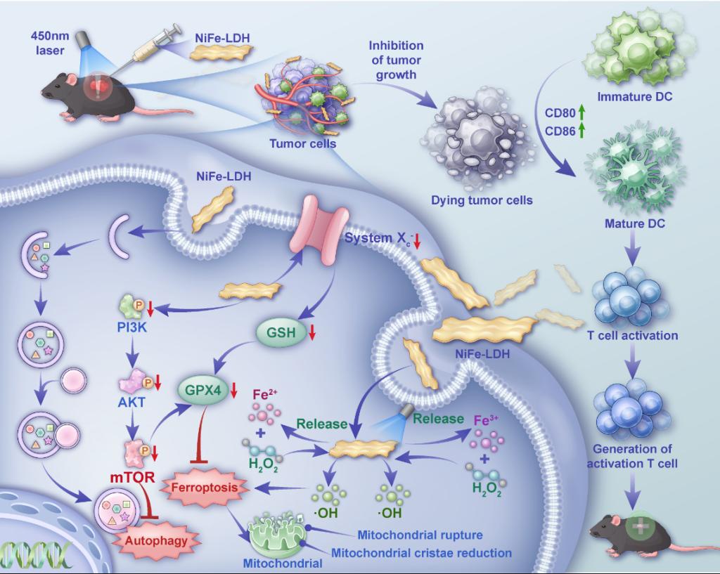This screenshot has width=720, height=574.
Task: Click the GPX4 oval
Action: (x=202, y=389)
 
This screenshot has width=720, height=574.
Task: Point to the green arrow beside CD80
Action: (x=582, y=114)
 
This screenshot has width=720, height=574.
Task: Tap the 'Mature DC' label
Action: (x=635, y=224)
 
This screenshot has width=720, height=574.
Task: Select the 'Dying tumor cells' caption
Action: (x=482, y=200)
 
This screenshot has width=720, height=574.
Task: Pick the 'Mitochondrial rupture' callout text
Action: (x=420, y=535)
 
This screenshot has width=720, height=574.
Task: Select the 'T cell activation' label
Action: (x=633, y=335)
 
